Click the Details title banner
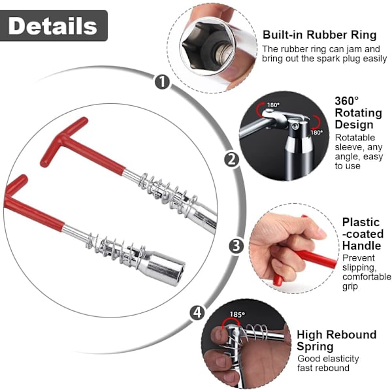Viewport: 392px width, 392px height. (x=54, y=25)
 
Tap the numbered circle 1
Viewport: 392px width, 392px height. (x=162, y=82)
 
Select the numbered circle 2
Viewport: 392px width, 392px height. (x=232, y=159)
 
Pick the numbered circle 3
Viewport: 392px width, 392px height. (x=237, y=246)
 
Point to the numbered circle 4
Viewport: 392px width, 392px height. (x=197, y=312)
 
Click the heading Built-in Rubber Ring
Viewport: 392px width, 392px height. (x=319, y=35)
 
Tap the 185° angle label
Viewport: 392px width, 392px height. (x=238, y=314)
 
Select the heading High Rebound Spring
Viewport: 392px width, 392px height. (x=336, y=340)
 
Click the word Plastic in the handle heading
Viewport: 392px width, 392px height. (x=361, y=222)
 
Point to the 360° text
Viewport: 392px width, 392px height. (x=346, y=101)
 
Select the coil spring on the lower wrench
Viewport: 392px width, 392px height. (x=116, y=250)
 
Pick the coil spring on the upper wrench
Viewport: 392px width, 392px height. (x=168, y=194)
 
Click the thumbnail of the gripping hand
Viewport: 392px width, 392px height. (x=293, y=248)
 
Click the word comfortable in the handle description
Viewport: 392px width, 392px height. (x=367, y=277)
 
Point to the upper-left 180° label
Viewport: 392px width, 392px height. (x=273, y=105)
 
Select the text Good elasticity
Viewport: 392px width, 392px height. (x=328, y=359)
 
